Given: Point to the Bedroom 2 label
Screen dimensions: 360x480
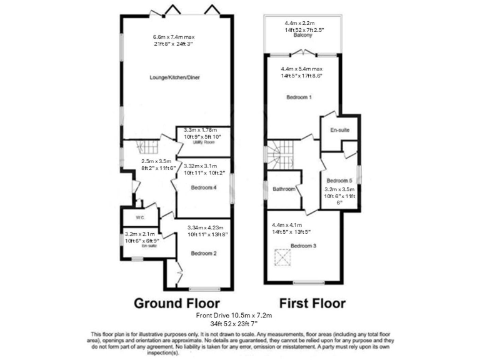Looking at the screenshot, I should point(204,253).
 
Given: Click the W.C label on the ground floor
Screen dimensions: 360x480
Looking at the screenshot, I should point(141,218).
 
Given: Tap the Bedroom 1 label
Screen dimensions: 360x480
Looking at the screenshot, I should point(299,98).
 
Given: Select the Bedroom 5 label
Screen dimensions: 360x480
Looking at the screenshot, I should point(339,179).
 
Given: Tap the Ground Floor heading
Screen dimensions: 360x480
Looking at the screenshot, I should point(177,304).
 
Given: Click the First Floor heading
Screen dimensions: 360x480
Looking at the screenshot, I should point(312,304).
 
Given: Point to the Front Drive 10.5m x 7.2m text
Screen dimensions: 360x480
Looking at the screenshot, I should point(239,316).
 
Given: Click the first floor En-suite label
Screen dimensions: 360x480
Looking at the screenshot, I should point(339,130).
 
